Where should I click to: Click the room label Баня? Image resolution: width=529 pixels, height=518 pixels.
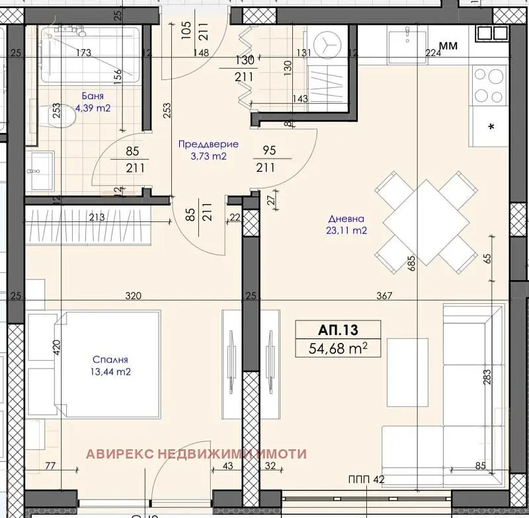tap(93, 96)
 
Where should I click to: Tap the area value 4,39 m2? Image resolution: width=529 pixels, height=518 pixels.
tap(93, 108)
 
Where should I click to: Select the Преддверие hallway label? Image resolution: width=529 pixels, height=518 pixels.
tap(208, 144)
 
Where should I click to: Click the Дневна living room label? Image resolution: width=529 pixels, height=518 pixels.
tap(346, 219)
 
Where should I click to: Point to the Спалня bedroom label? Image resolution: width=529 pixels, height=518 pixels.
tap(110, 359)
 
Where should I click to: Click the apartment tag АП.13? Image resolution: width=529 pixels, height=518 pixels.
tap(338, 330)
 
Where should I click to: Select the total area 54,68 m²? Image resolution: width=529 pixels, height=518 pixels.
tap(338, 348)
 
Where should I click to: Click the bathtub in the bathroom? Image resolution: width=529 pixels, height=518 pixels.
tap(91, 55)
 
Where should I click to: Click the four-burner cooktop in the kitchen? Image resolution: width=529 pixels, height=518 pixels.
tap(489, 85)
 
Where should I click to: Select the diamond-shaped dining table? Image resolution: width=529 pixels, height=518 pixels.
tap(427, 223)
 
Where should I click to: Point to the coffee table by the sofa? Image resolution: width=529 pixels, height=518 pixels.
tap(407, 373)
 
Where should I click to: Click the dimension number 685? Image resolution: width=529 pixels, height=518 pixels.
tap(411, 263)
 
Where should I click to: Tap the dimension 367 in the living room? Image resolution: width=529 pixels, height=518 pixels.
tap(384, 295)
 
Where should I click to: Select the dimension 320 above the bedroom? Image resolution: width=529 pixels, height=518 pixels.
tap(134, 295)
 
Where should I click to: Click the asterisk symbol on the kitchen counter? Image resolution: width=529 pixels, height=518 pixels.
tap(491, 127)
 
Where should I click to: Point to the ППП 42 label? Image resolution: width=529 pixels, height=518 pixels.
tap(366, 479)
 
